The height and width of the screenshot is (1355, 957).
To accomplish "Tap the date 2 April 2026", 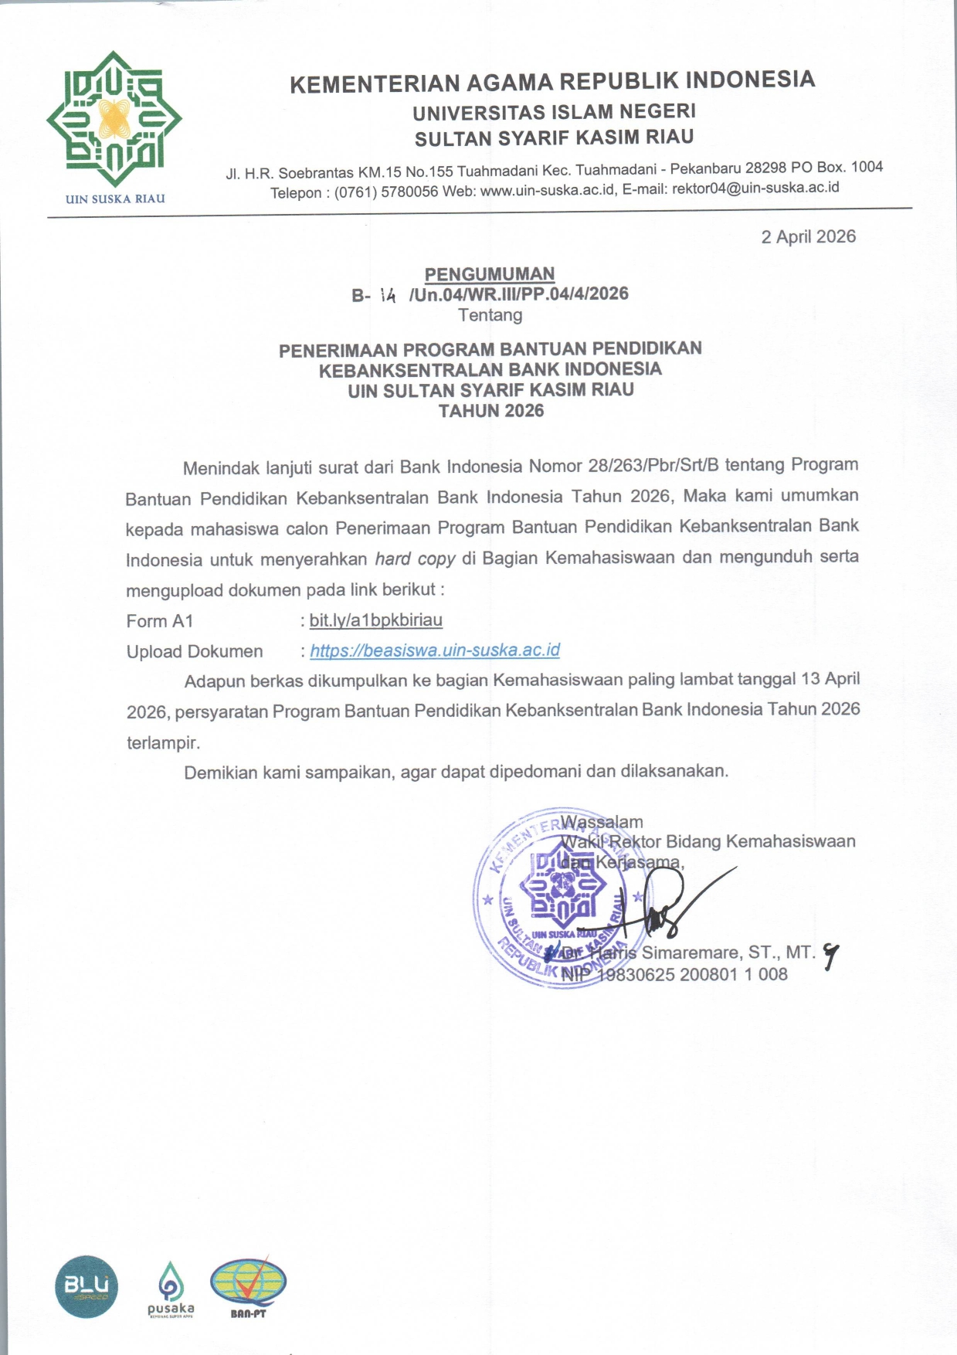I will pyautogui.click(x=808, y=236).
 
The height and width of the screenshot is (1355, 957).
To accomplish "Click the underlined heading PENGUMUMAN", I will pyautogui.click(x=490, y=274).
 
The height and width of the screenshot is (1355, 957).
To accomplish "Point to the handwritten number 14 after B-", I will pyautogui.click(x=388, y=295).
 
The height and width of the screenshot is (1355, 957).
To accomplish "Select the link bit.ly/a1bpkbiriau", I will pyautogui.click(x=375, y=620).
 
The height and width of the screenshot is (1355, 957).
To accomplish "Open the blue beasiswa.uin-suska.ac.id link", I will pyautogui.click(x=435, y=650).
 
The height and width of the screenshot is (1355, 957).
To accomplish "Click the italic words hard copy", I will pyautogui.click(x=415, y=559).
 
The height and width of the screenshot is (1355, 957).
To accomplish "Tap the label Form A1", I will pyautogui.click(x=160, y=621).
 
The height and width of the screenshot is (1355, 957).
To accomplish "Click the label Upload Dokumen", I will pyautogui.click(x=195, y=651).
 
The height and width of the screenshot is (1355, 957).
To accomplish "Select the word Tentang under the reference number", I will pyautogui.click(x=490, y=315).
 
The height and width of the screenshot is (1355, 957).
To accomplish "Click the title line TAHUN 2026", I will pyautogui.click(x=491, y=411).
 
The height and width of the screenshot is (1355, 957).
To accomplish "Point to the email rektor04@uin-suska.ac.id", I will pyautogui.click(x=755, y=188).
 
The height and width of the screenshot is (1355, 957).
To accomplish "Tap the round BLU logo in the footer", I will pyautogui.click(x=87, y=1286).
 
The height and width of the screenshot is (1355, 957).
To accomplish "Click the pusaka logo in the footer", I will pyautogui.click(x=171, y=1289).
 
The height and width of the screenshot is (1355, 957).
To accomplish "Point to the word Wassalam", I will pyautogui.click(x=602, y=822).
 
